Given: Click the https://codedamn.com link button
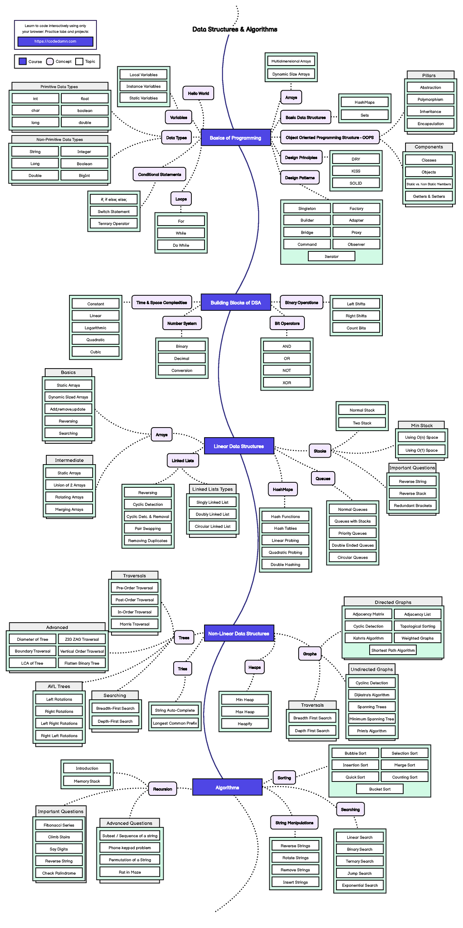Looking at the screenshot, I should [x=55, y=42].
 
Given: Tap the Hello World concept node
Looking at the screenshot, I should [x=198, y=93].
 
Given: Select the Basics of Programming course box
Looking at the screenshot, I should [x=235, y=138].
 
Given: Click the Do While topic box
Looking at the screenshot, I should [x=181, y=245].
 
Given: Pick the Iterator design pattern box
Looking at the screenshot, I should [x=331, y=256].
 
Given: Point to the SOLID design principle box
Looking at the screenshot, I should [x=356, y=183].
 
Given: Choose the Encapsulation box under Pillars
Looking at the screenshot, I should [x=431, y=124].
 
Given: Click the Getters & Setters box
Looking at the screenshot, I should [x=429, y=196].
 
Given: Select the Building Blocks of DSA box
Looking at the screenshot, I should [x=235, y=303].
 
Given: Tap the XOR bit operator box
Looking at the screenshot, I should [x=287, y=382].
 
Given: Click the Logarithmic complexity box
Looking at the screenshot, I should [x=96, y=328].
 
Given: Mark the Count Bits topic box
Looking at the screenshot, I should [x=356, y=328].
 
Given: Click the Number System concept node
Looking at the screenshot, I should [x=182, y=323].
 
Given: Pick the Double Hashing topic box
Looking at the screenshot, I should [x=285, y=564].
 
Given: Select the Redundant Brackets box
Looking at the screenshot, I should [x=413, y=505].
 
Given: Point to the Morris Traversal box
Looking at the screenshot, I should [x=135, y=624].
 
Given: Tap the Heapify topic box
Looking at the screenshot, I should [x=245, y=724].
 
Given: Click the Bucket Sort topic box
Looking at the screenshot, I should [x=380, y=789].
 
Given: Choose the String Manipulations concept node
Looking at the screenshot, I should [x=294, y=823].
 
